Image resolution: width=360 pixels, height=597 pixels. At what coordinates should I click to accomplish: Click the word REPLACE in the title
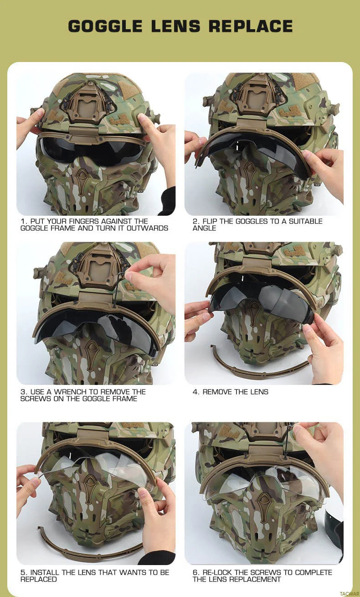tap(251, 26)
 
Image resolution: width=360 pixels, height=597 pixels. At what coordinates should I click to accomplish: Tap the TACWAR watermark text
tap(349, 593)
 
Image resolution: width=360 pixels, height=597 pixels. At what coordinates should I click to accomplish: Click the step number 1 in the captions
tap(23, 221)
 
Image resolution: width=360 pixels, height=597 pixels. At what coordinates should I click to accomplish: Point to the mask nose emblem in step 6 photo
tap(264, 501)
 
